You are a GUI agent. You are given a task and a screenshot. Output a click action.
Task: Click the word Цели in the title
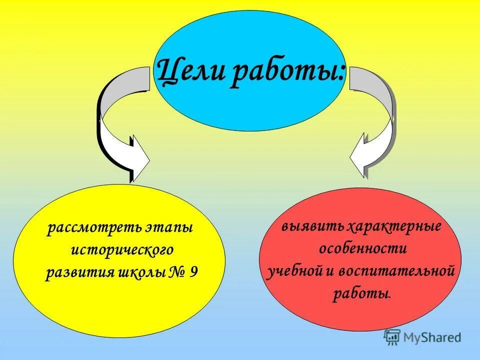pos(188,71)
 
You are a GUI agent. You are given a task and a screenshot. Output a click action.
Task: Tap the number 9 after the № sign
pos(194,273)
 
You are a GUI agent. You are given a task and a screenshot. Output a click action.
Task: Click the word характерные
pos(394,226)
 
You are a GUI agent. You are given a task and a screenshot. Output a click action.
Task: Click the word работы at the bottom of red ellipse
pos(360,293)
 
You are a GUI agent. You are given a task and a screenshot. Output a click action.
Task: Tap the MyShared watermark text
pos(433,338)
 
